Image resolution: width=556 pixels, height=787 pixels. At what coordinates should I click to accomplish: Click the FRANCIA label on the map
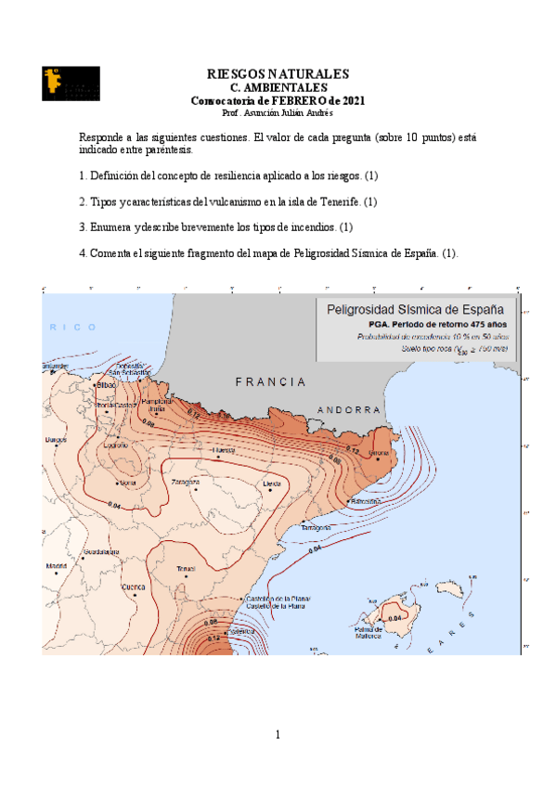coord(270,382)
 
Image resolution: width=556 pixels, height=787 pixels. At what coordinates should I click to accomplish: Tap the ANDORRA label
coord(349,410)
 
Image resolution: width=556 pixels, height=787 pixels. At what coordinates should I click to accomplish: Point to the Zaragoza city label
coord(186,483)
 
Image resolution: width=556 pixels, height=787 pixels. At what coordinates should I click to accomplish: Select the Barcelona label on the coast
coord(364,501)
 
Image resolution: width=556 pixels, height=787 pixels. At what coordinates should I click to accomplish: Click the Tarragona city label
coord(317,527)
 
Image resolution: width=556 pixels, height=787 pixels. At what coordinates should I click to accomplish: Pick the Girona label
coord(380,453)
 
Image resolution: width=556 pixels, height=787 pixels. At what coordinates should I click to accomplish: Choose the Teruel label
coord(186,568)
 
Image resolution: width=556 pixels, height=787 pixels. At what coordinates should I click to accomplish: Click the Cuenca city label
coord(134,587)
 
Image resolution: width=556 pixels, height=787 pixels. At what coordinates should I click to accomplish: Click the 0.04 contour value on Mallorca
coord(395,618)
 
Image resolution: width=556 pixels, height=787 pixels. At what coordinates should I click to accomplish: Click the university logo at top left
coord(71,84)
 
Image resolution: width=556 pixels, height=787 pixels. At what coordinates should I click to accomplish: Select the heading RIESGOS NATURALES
coord(278,73)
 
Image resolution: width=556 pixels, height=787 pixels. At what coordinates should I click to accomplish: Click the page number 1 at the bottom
coord(278,735)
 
